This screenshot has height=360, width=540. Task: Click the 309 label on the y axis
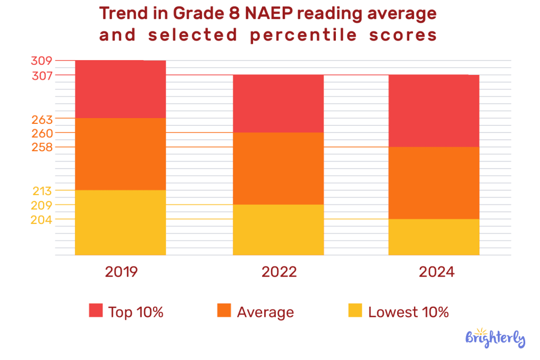42,61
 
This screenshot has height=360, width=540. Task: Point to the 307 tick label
42,75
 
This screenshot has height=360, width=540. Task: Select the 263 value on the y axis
42,119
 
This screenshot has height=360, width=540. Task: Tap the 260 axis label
42,133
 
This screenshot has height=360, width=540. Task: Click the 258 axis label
42,147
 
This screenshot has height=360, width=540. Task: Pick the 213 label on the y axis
42,190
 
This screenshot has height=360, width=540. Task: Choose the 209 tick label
42,205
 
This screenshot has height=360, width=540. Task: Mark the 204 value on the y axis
42,219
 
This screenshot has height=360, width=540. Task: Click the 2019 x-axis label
121,272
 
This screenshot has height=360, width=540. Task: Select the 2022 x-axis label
279,272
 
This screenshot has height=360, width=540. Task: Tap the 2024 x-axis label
436,272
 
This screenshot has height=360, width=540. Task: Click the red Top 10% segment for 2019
120,89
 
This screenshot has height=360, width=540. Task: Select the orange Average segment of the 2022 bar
278,168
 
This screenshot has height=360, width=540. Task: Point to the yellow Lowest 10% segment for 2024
434,237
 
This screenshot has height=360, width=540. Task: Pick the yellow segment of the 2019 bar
120,222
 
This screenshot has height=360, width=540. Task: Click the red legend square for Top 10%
95,311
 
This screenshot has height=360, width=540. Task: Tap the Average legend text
265,312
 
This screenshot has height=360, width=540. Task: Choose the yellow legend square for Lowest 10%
355,311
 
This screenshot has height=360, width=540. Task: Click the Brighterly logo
495,337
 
